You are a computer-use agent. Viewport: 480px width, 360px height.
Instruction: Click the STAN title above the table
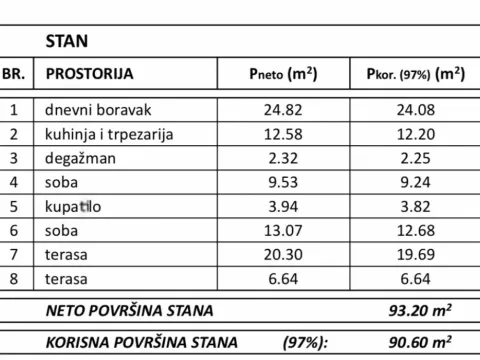[x=67, y=42]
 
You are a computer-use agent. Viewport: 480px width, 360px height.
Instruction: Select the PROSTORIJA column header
[x=88, y=74]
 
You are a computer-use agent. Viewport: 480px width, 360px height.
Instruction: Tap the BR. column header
[x=14, y=74]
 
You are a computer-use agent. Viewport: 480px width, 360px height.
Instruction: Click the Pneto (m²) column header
[x=283, y=74]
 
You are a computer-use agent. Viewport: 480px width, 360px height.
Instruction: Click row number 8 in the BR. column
[x=14, y=279]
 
